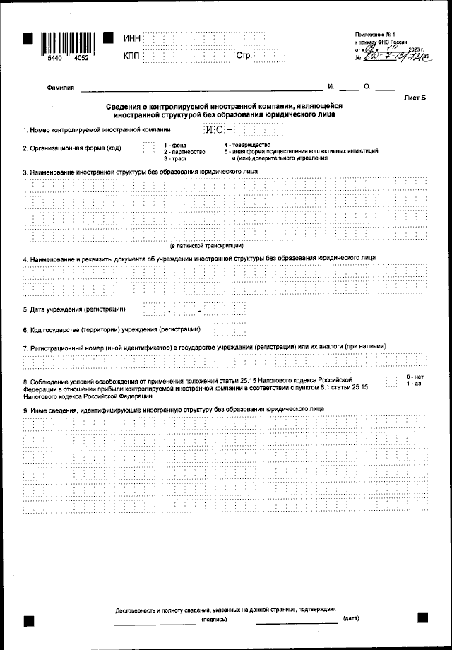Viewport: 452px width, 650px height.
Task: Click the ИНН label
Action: [132, 37]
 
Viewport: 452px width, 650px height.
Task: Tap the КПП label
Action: [132, 55]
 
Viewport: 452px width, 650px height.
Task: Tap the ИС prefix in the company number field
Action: [214, 130]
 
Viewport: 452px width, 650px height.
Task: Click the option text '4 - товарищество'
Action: [247, 145]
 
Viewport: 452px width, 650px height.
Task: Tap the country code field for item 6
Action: [225, 329]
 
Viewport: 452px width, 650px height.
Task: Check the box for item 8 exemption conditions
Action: [392, 381]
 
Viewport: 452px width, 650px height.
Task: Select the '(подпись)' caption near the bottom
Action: [214, 619]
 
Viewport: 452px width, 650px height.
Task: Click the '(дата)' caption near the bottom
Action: [351, 619]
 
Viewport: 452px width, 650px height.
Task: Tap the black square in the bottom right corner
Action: [422, 617]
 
